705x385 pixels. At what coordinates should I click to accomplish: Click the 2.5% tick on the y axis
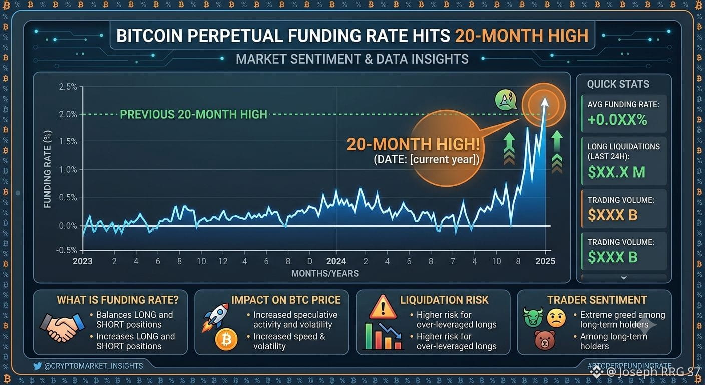68,87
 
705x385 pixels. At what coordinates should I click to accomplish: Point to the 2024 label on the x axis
336,261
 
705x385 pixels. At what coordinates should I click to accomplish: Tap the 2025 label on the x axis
545,261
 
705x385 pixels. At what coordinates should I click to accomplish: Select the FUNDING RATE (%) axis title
47,169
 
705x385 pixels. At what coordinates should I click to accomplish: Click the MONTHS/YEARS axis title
325,273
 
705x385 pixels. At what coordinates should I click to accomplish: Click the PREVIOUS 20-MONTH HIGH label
194,114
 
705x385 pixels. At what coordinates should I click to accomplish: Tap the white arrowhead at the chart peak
545,102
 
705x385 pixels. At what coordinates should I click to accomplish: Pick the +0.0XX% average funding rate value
617,120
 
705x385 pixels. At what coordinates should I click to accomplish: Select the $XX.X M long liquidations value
616,172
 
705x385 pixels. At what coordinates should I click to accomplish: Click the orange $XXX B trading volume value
612,215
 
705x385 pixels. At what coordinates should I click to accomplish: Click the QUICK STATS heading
618,84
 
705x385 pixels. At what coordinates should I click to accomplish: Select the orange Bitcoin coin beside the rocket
226,339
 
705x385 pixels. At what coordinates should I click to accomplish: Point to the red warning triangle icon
383,307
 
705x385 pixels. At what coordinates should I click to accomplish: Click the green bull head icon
533,317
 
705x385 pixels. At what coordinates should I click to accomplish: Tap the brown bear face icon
545,340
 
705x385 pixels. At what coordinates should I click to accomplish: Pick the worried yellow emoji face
556,318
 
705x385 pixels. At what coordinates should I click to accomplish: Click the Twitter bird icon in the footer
37,366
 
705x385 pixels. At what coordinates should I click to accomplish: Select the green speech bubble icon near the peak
506,100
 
